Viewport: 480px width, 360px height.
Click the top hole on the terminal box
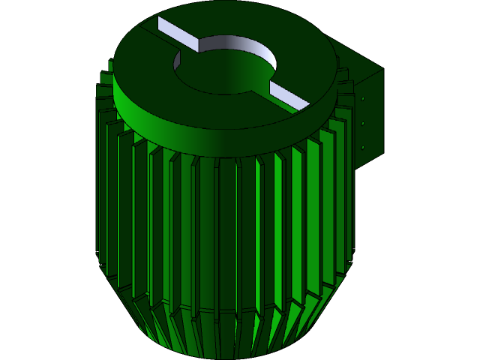(363, 97)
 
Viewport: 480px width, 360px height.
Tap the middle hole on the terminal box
(363, 122)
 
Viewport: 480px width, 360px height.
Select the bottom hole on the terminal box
(363, 147)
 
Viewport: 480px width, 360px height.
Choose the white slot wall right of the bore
(288, 94)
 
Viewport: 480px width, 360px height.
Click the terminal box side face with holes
(369, 120)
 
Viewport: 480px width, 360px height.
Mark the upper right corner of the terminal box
(384, 68)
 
